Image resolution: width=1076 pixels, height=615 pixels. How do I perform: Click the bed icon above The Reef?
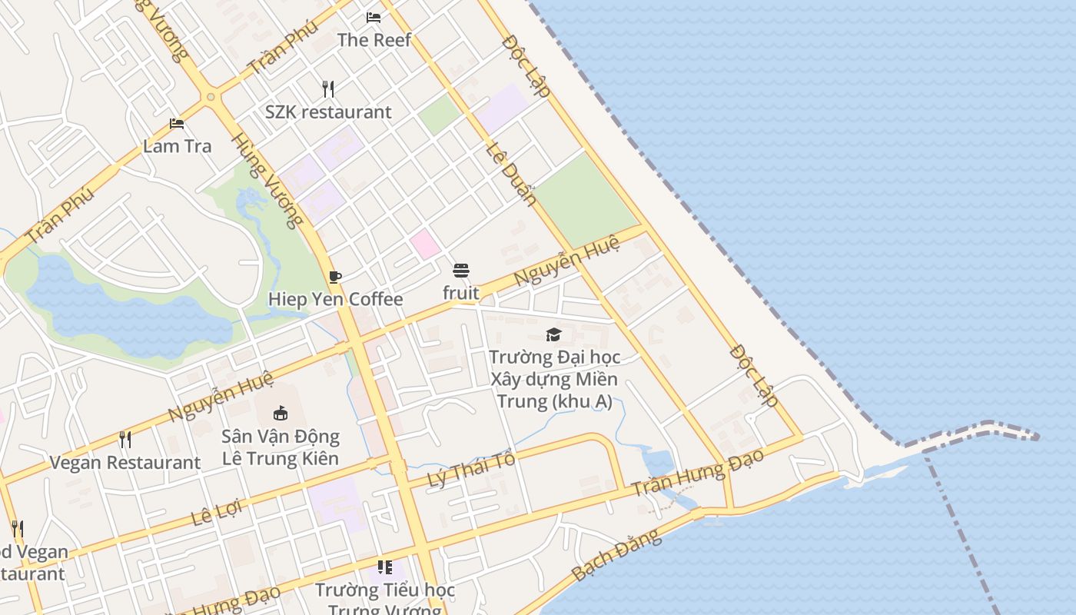[374, 17]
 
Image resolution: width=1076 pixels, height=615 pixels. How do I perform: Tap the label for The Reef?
[374, 40]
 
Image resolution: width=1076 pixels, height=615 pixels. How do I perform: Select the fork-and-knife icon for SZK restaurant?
[328, 88]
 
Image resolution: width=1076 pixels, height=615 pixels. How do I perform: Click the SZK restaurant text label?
[328, 112]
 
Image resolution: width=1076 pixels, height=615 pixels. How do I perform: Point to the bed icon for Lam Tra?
[177, 124]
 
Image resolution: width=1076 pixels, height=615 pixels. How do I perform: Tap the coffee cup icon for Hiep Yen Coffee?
[334, 277]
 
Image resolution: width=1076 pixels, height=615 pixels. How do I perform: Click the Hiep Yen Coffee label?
[335, 300]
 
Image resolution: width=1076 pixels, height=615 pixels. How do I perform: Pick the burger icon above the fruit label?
[461, 271]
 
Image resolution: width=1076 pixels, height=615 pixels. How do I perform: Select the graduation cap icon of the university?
[553, 334]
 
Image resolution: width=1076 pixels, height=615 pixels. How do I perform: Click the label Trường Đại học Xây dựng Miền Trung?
[554, 379]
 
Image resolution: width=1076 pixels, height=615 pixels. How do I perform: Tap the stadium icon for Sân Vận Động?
[281, 414]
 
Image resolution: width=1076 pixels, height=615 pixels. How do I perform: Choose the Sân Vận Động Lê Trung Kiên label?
[281, 447]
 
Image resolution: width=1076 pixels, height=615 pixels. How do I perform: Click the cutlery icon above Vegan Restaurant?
[125, 440]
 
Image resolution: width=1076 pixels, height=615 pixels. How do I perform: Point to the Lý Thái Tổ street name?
[470, 470]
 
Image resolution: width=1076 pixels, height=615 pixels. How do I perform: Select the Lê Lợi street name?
[216, 512]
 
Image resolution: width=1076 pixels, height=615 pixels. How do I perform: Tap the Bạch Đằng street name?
[616, 554]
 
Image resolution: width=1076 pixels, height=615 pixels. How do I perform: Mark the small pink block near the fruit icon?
[424, 244]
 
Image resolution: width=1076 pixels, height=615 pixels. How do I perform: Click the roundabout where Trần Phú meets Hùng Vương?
[211, 97]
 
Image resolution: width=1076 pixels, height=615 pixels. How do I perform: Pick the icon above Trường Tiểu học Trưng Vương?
[385, 567]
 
